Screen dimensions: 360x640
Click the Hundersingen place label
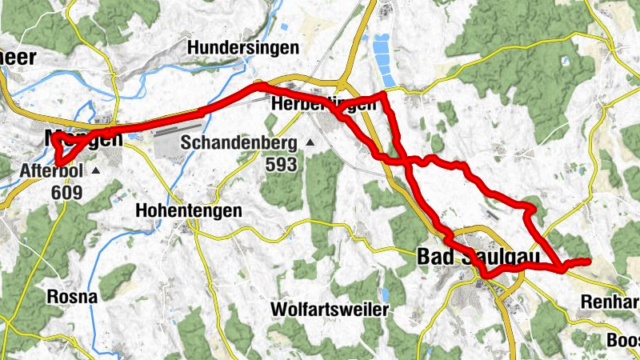tap(242, 48)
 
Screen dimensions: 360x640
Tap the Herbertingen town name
tap(323, 105)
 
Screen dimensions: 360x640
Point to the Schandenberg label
tap(238, 144)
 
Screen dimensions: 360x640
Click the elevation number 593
tap(282, 165)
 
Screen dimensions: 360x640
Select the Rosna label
tap(72, 297)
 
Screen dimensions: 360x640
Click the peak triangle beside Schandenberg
tap(310, 143)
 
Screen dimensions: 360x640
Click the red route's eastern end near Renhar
tap(589, 260)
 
